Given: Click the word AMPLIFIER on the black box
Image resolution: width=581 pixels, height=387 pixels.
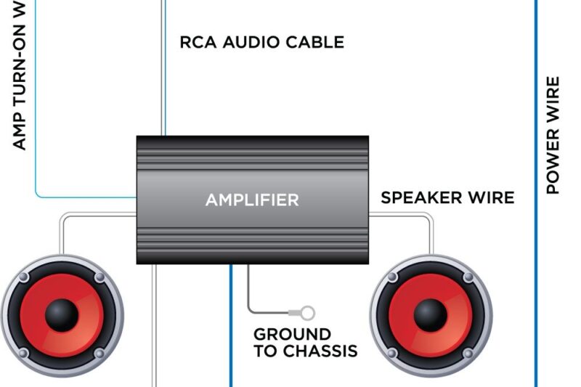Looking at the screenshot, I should point(251,200).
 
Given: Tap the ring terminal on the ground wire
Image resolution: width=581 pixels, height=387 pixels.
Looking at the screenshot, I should point(307,313).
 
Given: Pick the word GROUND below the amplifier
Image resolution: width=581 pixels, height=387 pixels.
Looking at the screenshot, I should point(292,335).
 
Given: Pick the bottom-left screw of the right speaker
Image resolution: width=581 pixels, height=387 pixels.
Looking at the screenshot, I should point(393,354).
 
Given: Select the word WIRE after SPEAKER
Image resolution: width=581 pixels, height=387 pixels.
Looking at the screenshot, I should point(494,197).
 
